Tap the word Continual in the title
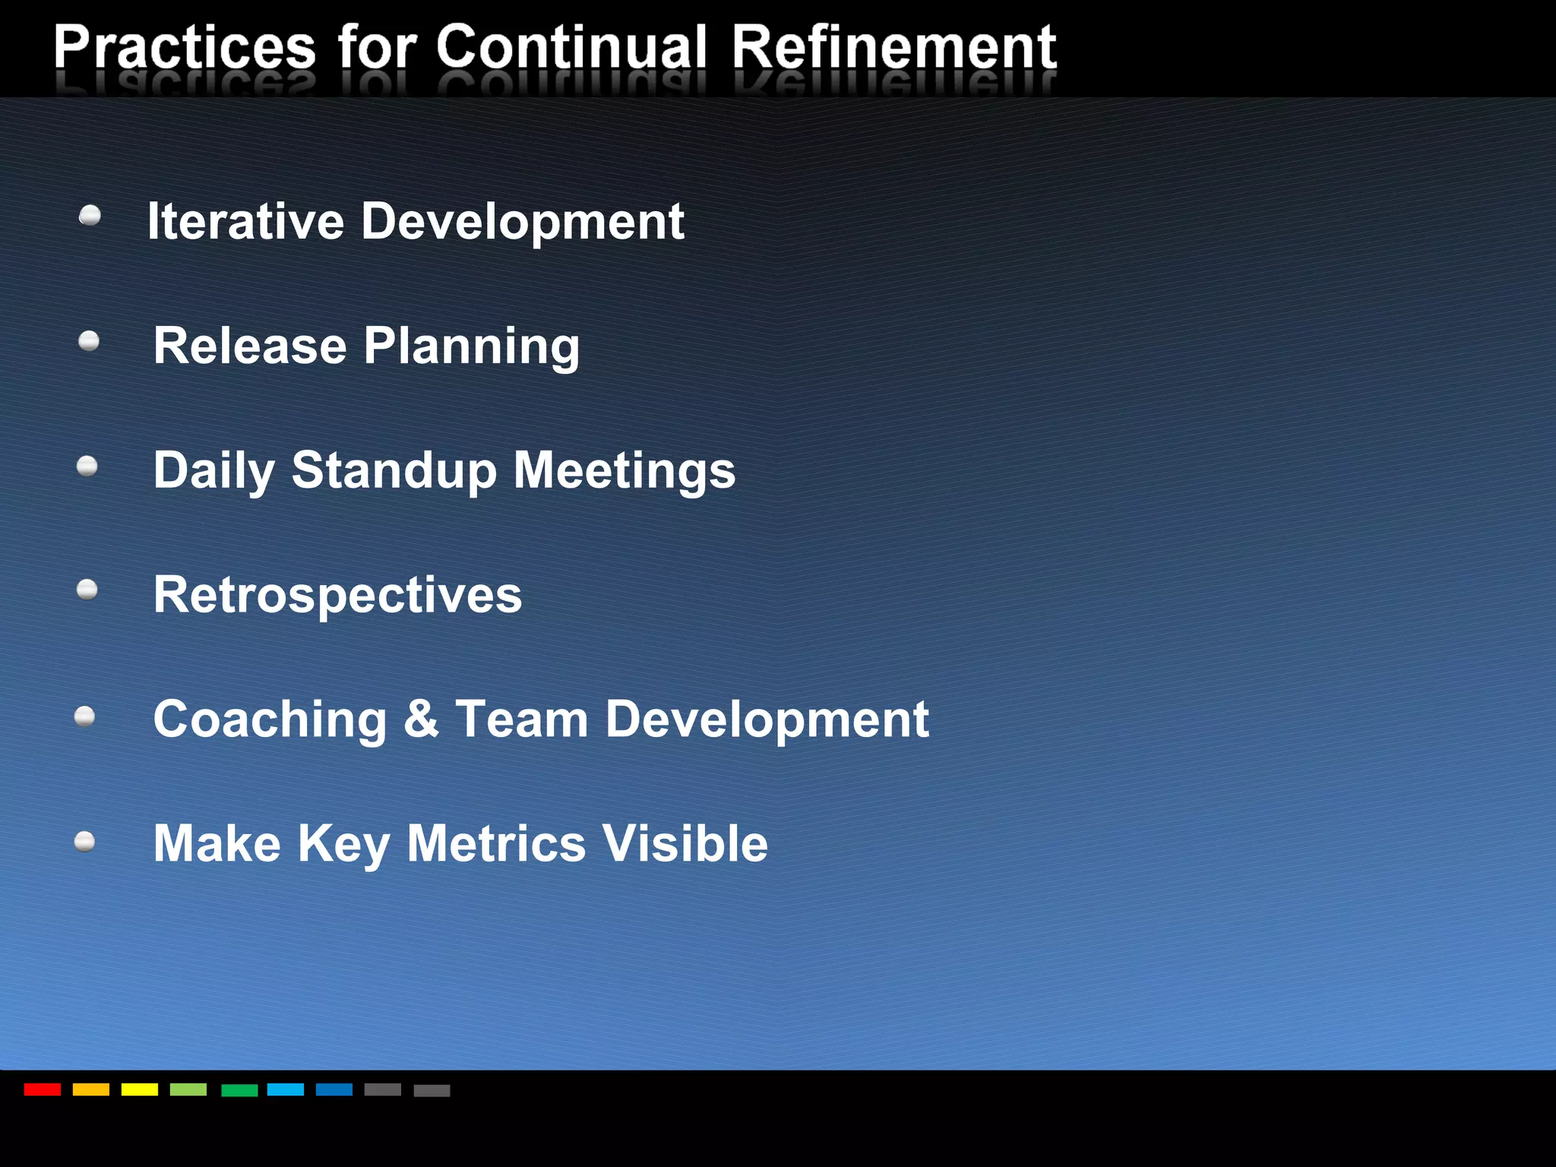click(571, 47)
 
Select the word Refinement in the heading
click(893, 47)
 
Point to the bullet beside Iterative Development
click(90, 217)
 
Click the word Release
click(250, 346)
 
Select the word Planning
click(471, 347)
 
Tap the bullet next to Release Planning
click(89, 341)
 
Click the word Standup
click(394, 471)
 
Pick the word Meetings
click(625, 471)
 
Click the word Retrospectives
click(337, 595)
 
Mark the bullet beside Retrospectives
click(87, 590)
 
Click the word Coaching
click(270, 719)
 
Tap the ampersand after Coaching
click(421, 718)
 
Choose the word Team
click(522, 719)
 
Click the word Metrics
click(496, 843)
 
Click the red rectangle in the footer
click(43, 1090)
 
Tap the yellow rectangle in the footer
click(140, 1090)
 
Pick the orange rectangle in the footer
click(91, 1090)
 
